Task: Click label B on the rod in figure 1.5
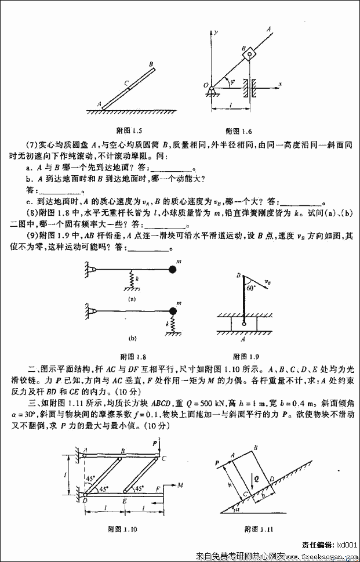coord(151,64)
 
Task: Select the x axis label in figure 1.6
coord(279,84)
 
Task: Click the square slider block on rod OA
coord(249,55)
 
